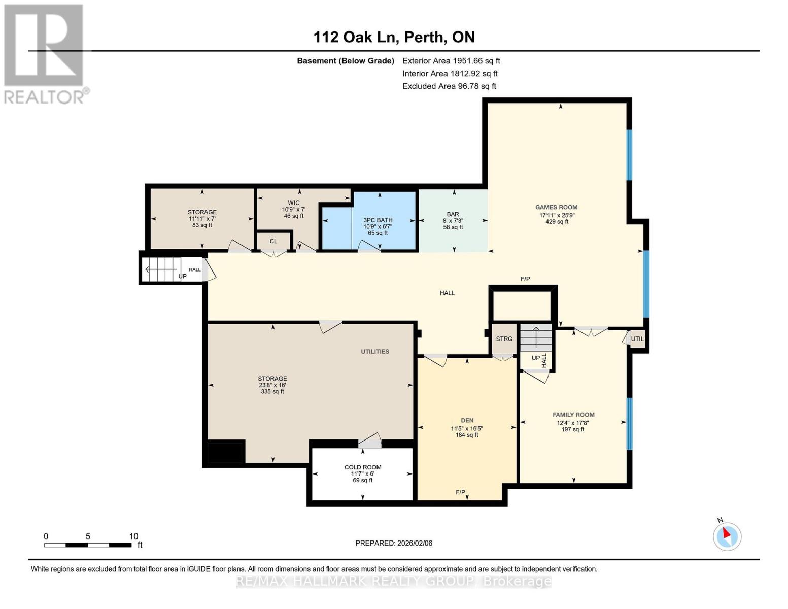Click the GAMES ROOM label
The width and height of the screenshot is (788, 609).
click(x=556, y=207)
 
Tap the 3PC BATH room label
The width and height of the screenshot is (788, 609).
click(x=378, y=220)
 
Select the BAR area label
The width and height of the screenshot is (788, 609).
click(x=453, y=214)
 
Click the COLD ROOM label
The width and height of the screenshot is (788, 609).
click(x=362, y=467)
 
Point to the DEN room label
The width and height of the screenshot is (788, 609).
click(x=467, y=420)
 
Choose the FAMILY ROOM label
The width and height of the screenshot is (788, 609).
click(x=573, y=415)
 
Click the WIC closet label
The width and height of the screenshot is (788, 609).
click(x=293, y=203)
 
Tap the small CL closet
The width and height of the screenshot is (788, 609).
click(x=273, y=241)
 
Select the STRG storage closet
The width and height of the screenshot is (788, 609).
click(x=504, y=339)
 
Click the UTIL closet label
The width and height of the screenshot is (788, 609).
click(x=637, y=339)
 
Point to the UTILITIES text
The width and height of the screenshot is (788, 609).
click(x=375, y=351)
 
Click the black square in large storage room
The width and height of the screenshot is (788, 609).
click(x=226, y=452)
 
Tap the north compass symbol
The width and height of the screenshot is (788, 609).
click(x=727, y=535)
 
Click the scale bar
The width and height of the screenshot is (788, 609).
click(x=88, y=545)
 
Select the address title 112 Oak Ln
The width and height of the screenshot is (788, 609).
click(x=394, y=37)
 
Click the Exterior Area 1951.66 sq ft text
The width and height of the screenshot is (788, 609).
click(x=451, y=60)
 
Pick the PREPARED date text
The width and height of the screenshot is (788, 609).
click(x=394, y=543)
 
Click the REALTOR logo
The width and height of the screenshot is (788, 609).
click(x=45, y=53)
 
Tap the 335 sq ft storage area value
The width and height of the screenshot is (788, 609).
click(x=272, y=391)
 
